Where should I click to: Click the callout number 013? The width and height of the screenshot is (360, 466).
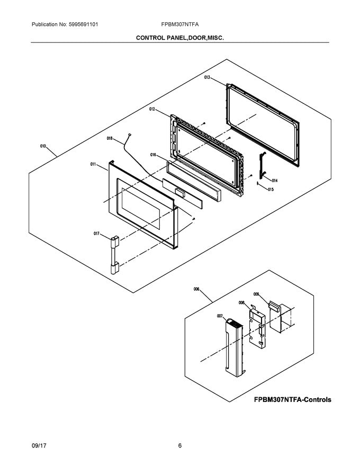[208, 77]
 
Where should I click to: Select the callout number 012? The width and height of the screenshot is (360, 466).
[151, 110]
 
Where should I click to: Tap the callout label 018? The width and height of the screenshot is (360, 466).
[110, 139]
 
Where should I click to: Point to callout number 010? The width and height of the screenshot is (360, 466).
[43, 146]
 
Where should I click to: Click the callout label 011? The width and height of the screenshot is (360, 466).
[93, 165]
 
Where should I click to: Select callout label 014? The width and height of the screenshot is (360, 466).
[275, 180]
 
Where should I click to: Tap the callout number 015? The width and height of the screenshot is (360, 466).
[271, 189]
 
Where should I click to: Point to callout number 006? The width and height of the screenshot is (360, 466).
[196, 289]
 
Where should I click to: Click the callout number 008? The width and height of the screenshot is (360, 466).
[241, 303]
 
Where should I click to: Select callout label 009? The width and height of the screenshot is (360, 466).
[256, 294]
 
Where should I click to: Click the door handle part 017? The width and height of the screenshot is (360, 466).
[113, 255]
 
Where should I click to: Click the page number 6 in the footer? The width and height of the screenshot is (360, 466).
[180, 446]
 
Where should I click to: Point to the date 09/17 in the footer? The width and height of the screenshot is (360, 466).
[39, 446]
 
